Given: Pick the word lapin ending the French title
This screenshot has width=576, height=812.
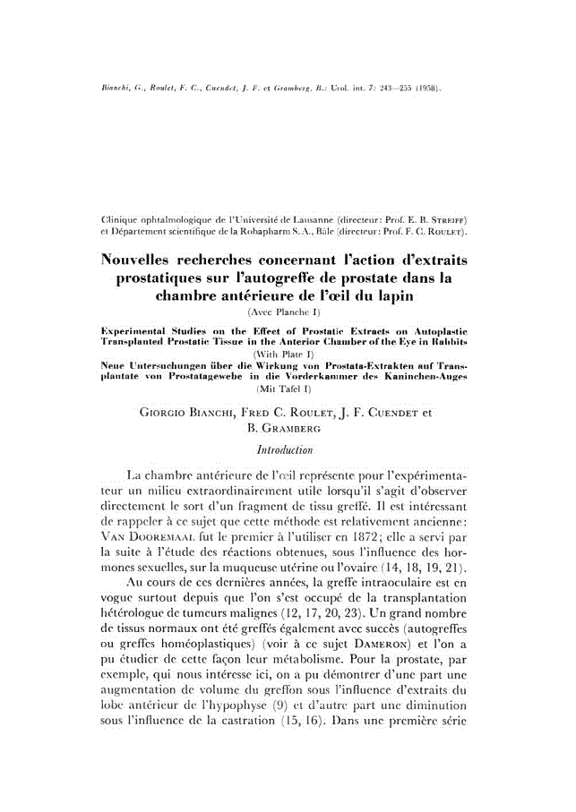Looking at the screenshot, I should point(390,296).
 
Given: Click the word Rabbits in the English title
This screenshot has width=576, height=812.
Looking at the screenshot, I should point(450,341).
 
